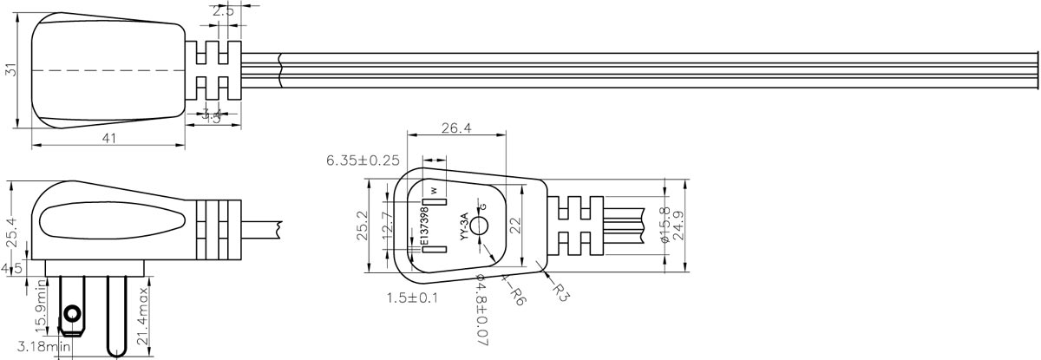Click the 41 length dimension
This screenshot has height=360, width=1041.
[108, 139]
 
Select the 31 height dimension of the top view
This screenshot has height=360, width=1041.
[11, 69]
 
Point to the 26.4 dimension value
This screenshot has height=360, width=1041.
[457, 128]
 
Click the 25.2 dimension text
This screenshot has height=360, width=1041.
[361, 227]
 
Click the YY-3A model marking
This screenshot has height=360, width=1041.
[464, 226]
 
